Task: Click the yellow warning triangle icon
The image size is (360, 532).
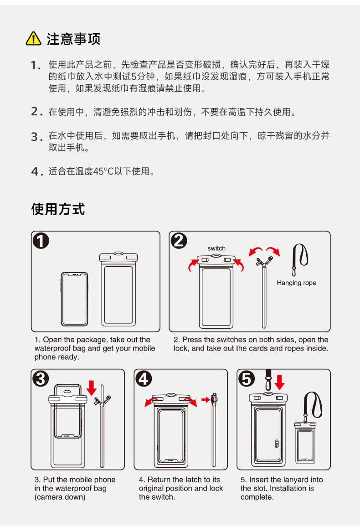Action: coord(34,39)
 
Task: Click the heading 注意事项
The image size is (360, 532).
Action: coord(74,39)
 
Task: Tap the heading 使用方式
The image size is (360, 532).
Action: coord(58,209)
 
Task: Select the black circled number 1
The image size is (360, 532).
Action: coord(41,241)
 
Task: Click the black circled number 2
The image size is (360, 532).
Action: coord(179,241)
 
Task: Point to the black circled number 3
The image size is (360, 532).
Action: coord(41,379)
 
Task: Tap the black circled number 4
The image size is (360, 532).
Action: coord(144,379)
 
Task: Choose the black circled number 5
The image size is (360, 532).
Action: coord(247,379)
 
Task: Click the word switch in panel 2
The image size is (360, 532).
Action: coord(216,248)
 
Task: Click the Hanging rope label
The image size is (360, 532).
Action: coord(297,283)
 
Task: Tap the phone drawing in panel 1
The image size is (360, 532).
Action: coord(74,299)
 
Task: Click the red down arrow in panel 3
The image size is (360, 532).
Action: coord(92,388)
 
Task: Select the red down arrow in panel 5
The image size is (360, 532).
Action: coord(280,382)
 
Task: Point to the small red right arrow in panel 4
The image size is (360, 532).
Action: coord(206,400)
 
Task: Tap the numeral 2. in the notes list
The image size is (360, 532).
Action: coord(36,111)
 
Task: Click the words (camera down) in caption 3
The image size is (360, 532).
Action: coord(60,497)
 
